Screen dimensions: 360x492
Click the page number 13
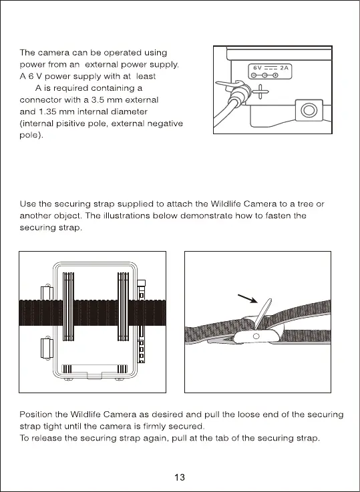pyautogui.click(x=180, y=477)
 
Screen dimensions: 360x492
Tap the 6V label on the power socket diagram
pyautogui.click(x=257, y=68)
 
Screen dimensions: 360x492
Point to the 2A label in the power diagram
pyautogui.click(x=285, y=68)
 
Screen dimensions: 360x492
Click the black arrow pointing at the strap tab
pyautogui.click(x=248, y=298)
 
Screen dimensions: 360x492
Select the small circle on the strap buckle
pyautogui.click(x=256, y=336)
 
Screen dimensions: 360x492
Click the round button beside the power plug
pyautogui.click(x=309, y=110)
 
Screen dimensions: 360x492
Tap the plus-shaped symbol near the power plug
pyautogui.click(x=260, y=91)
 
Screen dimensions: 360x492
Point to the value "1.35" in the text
pyautogui.click(x=47, y=111)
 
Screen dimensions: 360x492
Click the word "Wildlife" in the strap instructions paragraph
pyautogui.click(x=225, y=204)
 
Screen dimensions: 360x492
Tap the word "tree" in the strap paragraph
pyautogui.click(x=306, y=204)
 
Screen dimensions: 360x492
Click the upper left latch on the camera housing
pyautogui.click(x=47, y=292)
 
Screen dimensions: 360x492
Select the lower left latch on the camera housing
pyautogui.click(x=47, y=348)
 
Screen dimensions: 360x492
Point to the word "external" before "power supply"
pyautogui.click(x=102, y=65)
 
